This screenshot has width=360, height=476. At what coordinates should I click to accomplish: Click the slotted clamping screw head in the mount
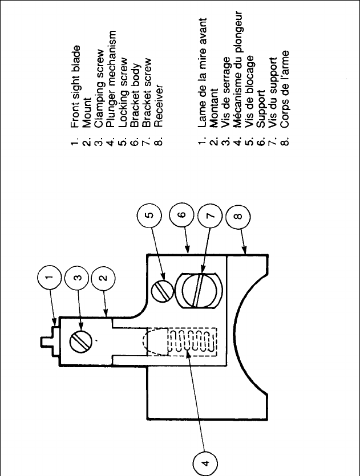click(x=78, y=341)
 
